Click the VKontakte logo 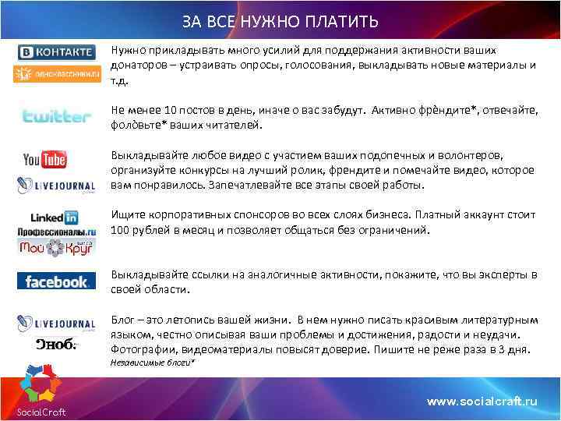click(56, 53)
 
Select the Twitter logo click(56, 117)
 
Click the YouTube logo click(44, 161)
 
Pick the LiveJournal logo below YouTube click(56, 186)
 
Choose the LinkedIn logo click(55, 218)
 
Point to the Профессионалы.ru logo click(56, 232)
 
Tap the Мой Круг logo click(56, 248)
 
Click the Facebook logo click(56, 281)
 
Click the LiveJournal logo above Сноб click(56, 324)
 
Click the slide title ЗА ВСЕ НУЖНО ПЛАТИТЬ click(280, 20)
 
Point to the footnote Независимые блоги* click(153, 363)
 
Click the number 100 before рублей click(121, 231)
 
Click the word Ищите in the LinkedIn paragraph click(128, 215)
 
